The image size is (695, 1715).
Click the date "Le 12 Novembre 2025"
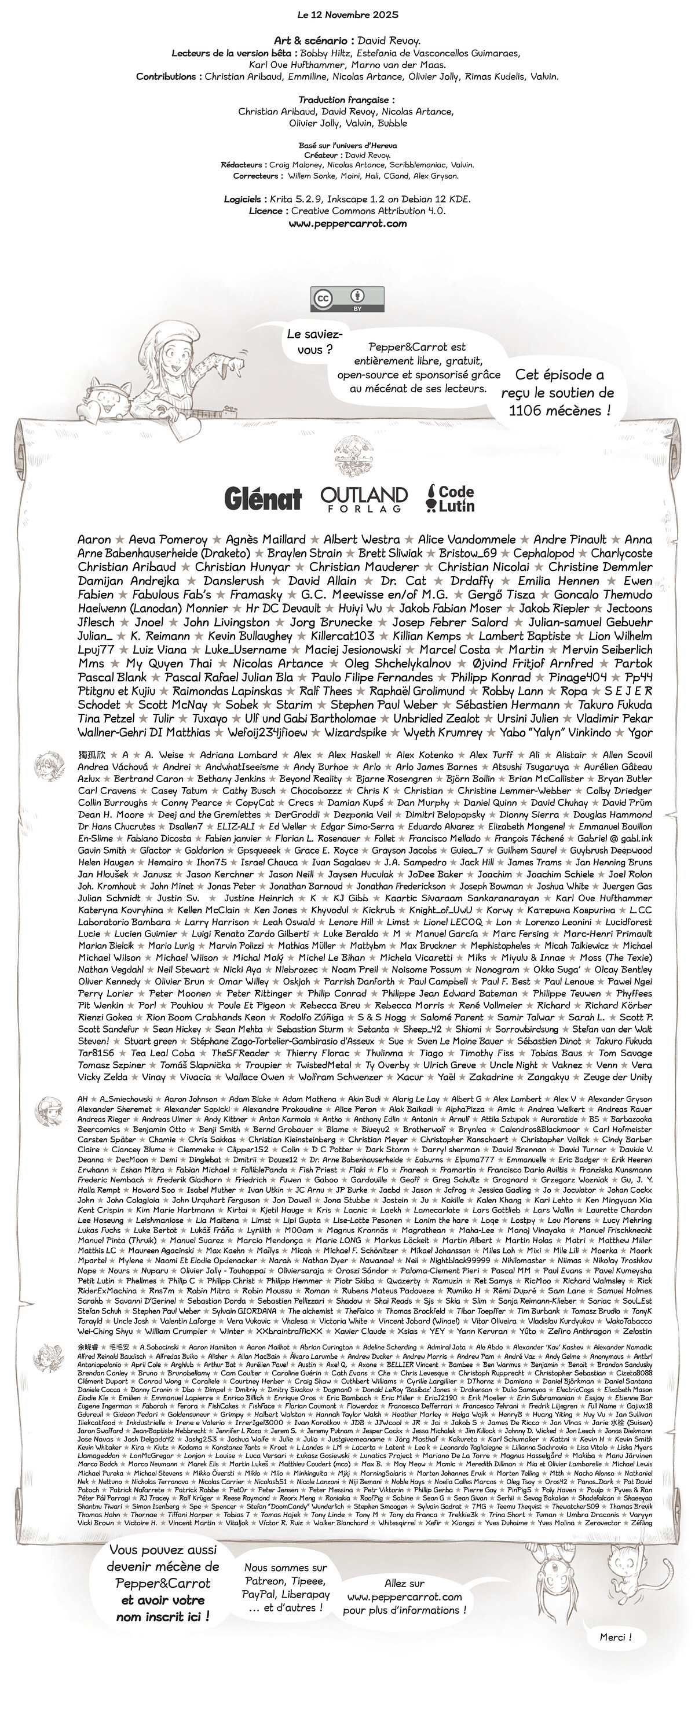coord(347,14)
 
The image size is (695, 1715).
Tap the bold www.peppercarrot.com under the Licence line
coord(347,224)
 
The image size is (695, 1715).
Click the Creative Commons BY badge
coord(347,299)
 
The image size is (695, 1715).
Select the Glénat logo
coord(262,497)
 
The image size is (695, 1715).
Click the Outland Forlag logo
coord(364,498)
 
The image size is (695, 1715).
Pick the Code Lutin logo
coord(451,498)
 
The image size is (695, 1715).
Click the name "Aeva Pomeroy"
coord(168,539)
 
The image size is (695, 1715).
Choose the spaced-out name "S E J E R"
coord(628,691)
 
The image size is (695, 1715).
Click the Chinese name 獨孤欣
coord(92,755)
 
